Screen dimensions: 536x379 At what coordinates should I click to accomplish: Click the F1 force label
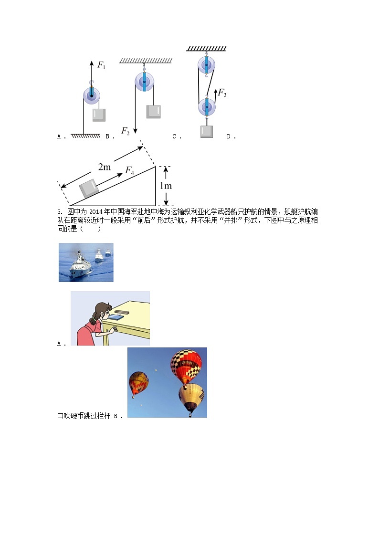(x=102, y=65)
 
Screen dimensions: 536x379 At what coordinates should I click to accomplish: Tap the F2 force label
(x=126, y=131)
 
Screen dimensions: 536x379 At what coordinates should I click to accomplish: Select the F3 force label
(x=222, y=94)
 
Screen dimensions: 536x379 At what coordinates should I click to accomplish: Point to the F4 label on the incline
(x=130, y=170)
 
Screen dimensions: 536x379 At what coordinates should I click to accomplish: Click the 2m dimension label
(x=105, y=167)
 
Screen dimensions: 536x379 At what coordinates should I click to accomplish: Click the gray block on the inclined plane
(x=89, y=188)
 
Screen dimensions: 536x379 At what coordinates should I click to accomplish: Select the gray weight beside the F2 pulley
(x=154, y=111)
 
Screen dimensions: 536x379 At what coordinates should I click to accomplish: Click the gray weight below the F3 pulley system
(x=206, y=131)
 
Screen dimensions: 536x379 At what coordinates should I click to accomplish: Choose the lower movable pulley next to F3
(x=207, y=107)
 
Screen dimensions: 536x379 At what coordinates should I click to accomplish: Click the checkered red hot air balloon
(x=186, y=367)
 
